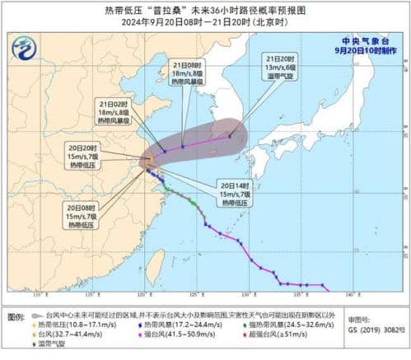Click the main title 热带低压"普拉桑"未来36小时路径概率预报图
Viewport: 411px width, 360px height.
(205, 10)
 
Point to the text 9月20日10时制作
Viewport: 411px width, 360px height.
(366, 50)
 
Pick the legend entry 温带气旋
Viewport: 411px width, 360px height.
(49, 344)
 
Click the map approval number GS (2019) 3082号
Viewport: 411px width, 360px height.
(377, 330)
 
